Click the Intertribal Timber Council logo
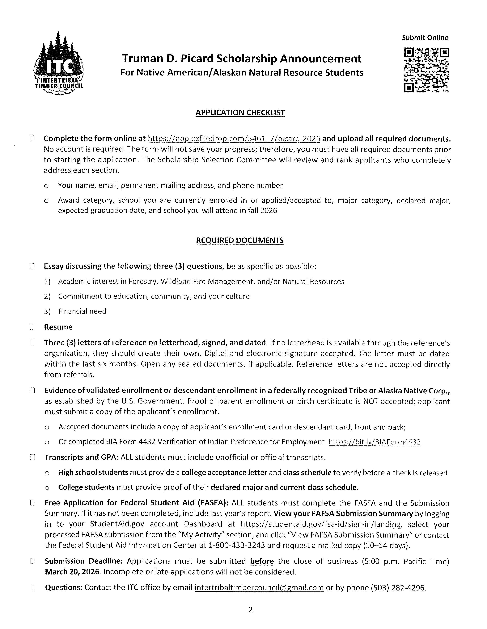pyautogui.click(x=59, y=64)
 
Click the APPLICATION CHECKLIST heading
pyautogui.click(x=240, y=113)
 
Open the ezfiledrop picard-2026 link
pyautogui.click(x=234, y=139)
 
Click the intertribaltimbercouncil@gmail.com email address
pyautogui.click(x=259, y=587)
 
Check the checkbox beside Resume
pyautogui.click(x=32, y=327)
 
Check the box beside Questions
pyautogui.click(x=33, y=587)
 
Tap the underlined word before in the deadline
pyautogui.click(x=262, y=561)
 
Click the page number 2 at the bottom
pyautogui.click(x=250, y=610)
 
